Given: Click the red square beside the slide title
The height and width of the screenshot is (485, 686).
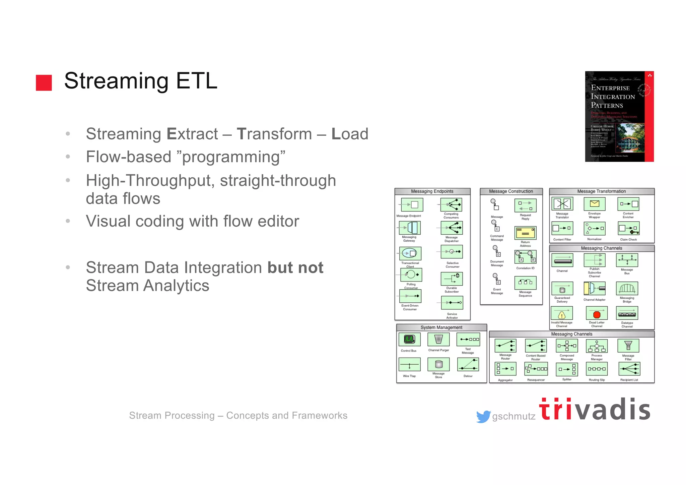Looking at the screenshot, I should pyautogui.click(x=44, y=83).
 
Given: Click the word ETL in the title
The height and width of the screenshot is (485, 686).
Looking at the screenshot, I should pyautogui.click(x=197, y=81).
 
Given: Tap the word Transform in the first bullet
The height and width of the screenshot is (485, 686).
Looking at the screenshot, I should pyautogui.click(x=274, y=134).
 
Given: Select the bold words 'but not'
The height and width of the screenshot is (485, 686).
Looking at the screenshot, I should pyautogui.click(x=295, y=268).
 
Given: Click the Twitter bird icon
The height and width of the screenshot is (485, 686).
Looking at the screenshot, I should pyautogui.click(x=483, y=417).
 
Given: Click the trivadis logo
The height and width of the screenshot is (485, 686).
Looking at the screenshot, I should pyautogui.click(x=595, y=410).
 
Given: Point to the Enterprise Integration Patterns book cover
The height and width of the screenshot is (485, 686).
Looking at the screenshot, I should pyautogui.click(x=619, y=116).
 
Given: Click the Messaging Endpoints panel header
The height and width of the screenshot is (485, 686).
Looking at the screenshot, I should pyautogui.click(x=432, y=191).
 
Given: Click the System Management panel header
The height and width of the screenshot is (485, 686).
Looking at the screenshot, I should pyautogui.click(x=441, y=327).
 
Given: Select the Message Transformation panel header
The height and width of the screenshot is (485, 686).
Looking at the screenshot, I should pyautogui.click(x=601, y=191).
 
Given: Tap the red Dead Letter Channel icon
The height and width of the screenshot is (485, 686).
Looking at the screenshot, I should pyautogui.click(x=597, y=314).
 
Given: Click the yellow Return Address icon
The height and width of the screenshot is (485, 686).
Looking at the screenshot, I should pyautogui.click(x=525, y=233).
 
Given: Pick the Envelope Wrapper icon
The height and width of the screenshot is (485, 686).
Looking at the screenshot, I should pyautogui.click(x=595, y=204).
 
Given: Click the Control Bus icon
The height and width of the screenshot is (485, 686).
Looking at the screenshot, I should pyautogui.click(x=409, y=340).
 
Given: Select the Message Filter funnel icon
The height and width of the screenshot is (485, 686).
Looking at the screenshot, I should pyautogui.click(x=628, y=346).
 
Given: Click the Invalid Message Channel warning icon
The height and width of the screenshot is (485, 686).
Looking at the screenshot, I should pyautogui.click(x=562, y=314).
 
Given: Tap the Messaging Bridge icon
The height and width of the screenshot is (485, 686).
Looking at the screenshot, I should pyautogui.click(x=627, y=289).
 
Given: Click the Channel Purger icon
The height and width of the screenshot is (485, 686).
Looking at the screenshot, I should pyautogui.click(x=438, y=340).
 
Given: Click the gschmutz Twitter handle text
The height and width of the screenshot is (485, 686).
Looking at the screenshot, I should pyautogui.click(x=514, y=417).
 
